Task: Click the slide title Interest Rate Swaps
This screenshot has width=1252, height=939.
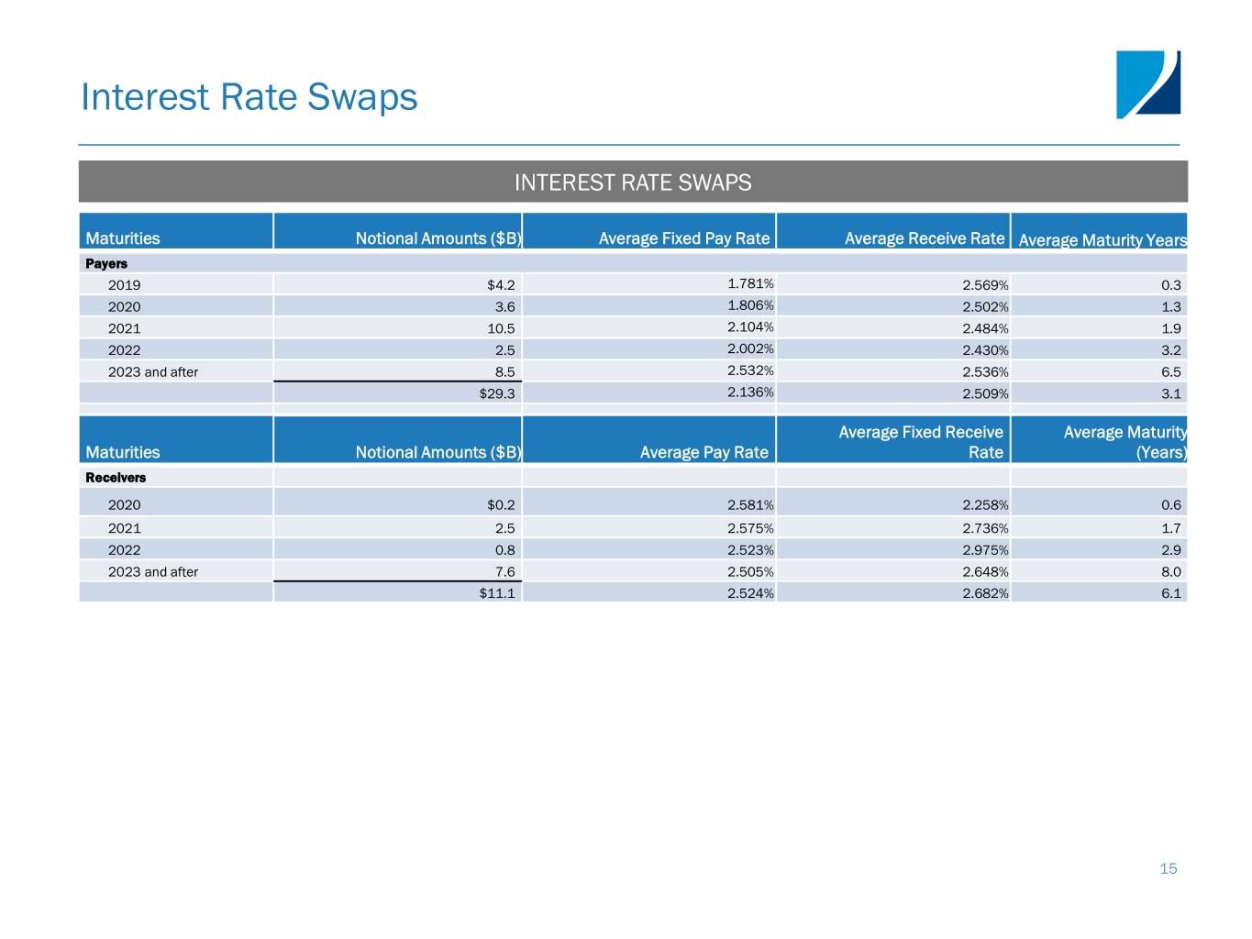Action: [249, 97]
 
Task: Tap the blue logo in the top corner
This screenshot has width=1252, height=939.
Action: [1147, 84]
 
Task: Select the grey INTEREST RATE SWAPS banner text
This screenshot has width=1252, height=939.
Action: [632, 182]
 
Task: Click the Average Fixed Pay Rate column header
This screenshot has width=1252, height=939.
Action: [683, 238]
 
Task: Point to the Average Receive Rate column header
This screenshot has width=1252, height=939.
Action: [924, 238]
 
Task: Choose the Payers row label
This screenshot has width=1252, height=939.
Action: [106, 263]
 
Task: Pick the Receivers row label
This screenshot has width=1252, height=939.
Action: [116, 478]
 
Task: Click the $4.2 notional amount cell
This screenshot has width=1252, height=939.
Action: [501, 285]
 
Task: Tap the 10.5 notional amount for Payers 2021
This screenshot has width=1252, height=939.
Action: [501, 328]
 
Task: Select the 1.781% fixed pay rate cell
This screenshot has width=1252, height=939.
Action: [750, 284]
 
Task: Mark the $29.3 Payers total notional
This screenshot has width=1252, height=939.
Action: [497, 393]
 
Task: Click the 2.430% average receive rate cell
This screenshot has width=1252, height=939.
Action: [985, 350]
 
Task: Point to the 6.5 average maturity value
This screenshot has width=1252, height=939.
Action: [1170, 372]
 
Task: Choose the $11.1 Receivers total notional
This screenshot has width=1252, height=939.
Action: [497, 593]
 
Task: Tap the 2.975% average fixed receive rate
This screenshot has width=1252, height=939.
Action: [985, 550]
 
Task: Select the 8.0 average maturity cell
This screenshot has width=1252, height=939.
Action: [1170, 572]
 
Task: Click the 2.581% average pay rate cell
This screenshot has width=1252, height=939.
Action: [750, 505]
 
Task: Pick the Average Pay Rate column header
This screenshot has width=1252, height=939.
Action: [704, 452]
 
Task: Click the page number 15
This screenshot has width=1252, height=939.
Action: [1168, 868]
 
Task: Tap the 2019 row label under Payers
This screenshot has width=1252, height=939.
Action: [125, 285]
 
